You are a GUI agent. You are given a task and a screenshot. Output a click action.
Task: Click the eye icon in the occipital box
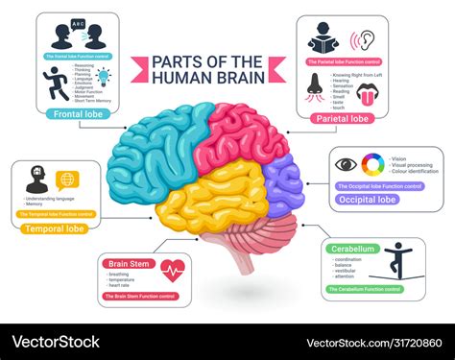(346, 164)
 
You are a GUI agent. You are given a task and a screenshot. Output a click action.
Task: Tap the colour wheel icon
(373, 163)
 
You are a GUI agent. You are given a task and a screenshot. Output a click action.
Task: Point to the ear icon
(367, 40)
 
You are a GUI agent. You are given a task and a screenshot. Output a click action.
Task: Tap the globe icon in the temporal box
(67, 180)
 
